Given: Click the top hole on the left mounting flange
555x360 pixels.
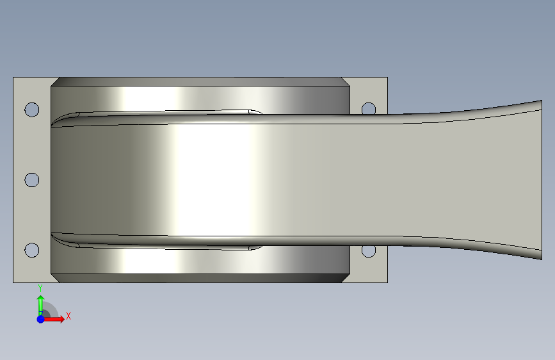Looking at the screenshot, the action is (32, 110).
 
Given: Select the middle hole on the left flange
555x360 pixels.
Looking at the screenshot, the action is (32, 180).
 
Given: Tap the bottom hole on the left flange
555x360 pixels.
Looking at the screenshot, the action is (32, 250).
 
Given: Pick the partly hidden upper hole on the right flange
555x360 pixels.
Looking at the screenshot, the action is (369, 108).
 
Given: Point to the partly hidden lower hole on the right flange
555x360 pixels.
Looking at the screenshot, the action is (369, 251).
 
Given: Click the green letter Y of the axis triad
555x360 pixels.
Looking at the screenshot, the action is (40, 288).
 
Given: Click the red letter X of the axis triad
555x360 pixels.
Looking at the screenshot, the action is (68, 316).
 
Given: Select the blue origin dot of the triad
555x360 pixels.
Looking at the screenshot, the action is (41, 319).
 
